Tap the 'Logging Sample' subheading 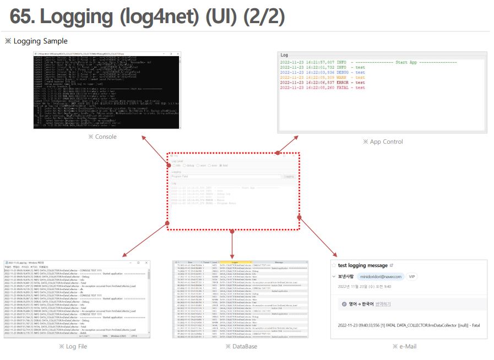[40, 41]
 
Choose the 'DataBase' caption [241, 346]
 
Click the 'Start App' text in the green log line [410, 63]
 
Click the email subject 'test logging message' [363, 265]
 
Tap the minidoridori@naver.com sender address [381, 276]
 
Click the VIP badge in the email [412, 276]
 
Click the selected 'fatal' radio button [221, 165]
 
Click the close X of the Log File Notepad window [146, 263]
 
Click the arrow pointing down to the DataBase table [232, 245]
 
